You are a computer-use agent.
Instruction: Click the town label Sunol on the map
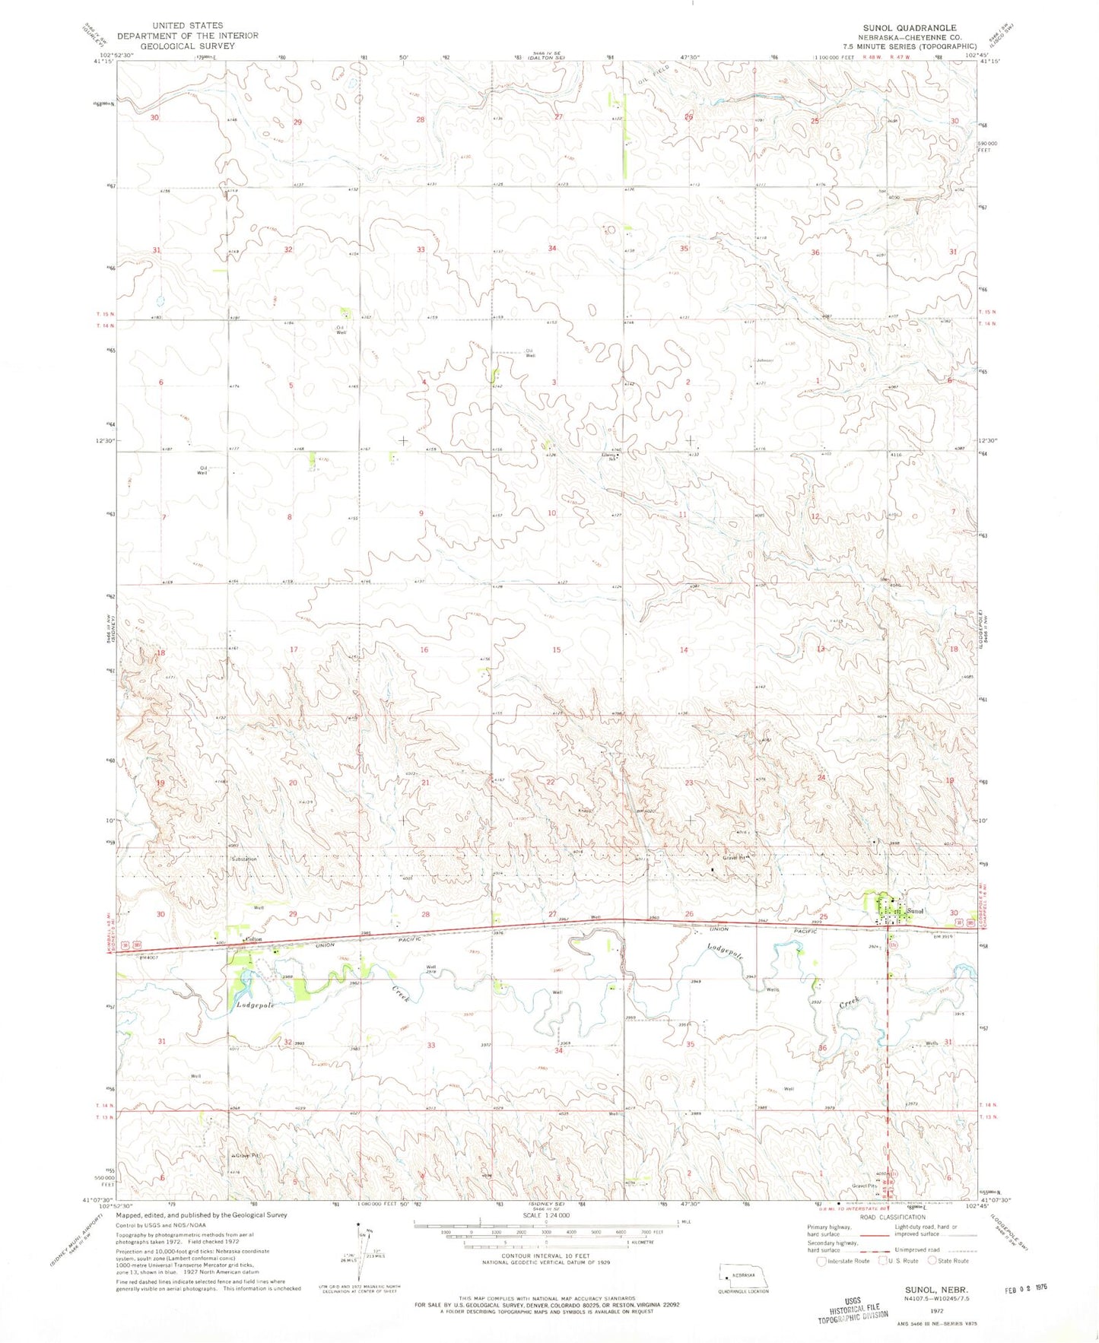click(915, 910)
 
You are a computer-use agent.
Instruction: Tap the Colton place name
click(253, 939)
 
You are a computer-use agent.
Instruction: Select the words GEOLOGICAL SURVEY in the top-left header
click(187, 46)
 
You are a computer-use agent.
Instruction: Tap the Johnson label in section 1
click(764, 360)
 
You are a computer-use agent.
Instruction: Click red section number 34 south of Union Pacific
click(558, 1051)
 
